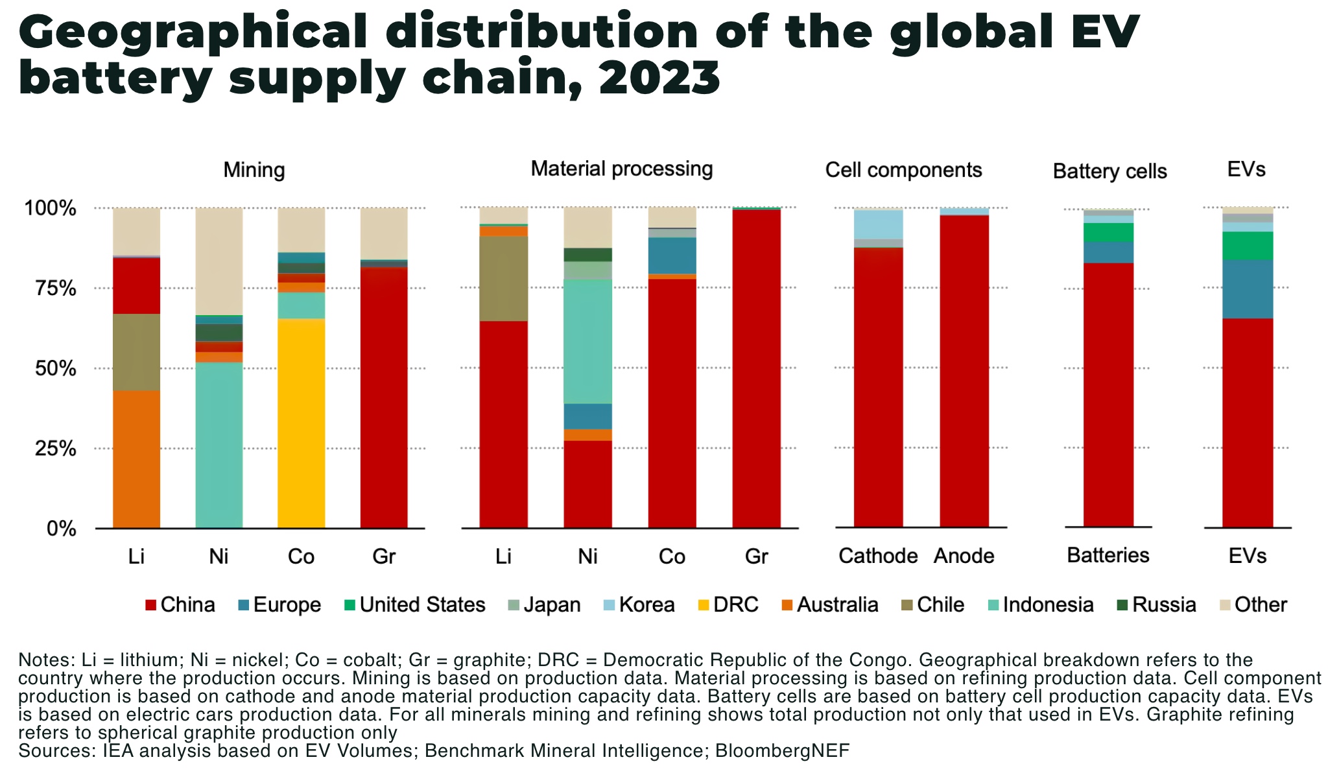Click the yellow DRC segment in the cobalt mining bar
301,422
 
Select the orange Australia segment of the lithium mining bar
136,459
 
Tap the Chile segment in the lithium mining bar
136,352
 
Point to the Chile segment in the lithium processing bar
503,278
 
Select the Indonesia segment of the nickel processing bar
587,341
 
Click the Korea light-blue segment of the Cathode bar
878,224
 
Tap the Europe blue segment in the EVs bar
1247,289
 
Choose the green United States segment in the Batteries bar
1108,232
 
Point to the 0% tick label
61,529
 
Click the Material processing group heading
621,169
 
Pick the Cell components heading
903,170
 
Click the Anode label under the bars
964,556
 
